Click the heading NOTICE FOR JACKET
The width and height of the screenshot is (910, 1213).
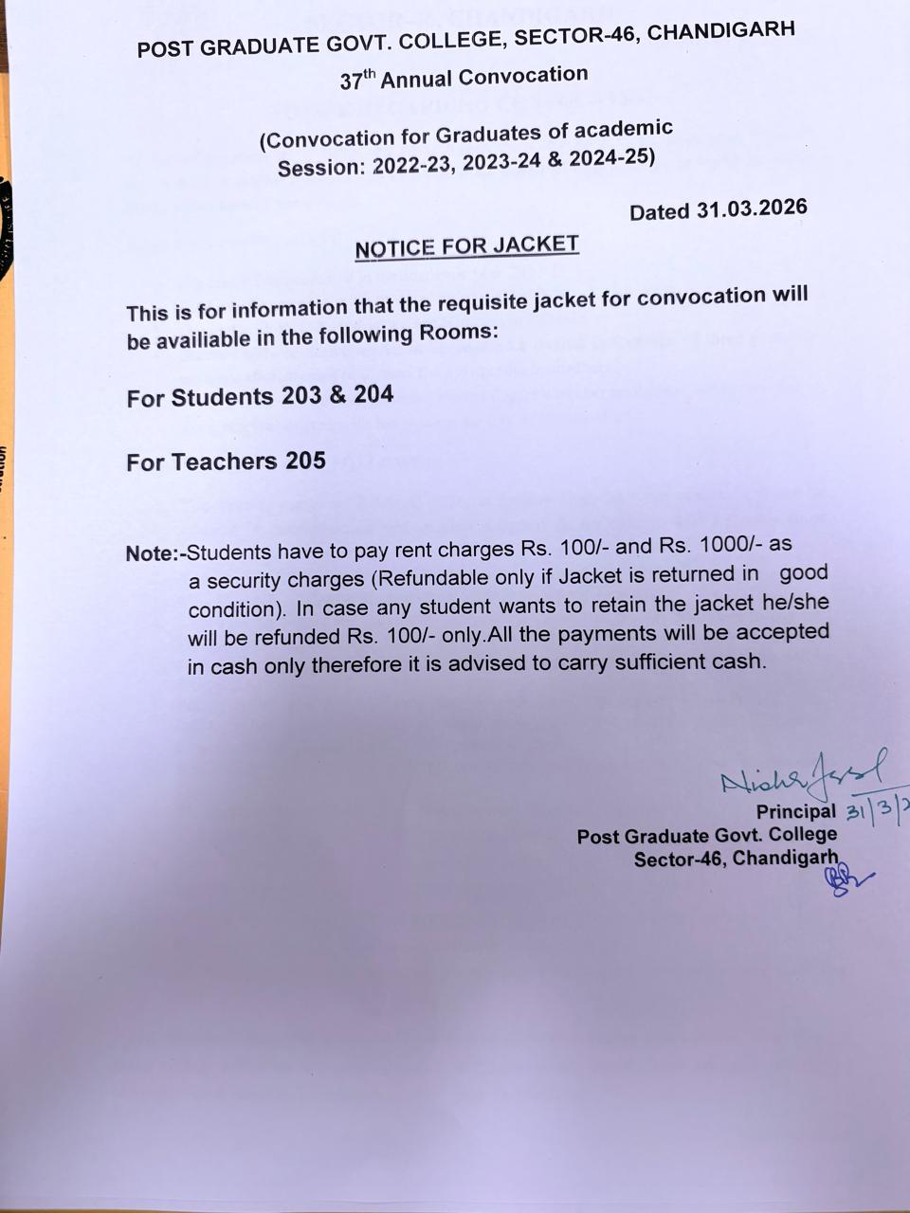pyautogui.click(x=466, y=247)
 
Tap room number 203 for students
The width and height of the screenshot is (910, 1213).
pyautogui.click(x=300, y=396)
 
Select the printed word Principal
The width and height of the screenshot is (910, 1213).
pyautogui.click(x=795, y=811)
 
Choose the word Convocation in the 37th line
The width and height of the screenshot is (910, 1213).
pyautogui.click(x=531, y=75)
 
